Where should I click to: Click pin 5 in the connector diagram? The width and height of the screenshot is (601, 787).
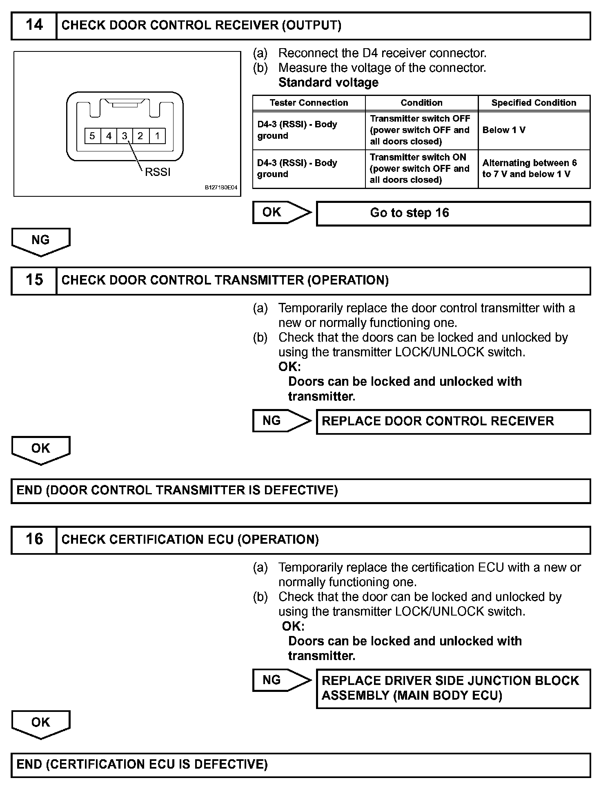pos(92,136)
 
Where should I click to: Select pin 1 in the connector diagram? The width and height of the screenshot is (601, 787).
pos(157,136)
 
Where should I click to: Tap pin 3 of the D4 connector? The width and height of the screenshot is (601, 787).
pos(125,136)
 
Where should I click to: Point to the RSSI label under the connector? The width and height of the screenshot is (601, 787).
pos(158,172)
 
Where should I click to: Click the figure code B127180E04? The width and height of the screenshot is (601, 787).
pos(221,188)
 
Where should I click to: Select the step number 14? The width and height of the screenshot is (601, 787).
pos(34,25)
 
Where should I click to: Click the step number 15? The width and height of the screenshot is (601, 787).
pos(34,280)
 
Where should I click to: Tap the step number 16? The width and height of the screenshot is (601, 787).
pos(34,540)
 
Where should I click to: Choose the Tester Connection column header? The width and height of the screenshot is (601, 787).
pos(309,103)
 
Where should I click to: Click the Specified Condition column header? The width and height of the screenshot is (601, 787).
pos(534,103)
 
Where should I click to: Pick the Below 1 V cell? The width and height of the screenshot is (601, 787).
pos(534,130)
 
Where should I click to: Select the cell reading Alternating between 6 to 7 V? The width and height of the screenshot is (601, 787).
pos(534,169)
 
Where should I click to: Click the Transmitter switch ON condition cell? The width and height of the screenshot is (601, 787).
pos(421,169)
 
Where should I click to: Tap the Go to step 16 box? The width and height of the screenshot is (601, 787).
pos(453,213)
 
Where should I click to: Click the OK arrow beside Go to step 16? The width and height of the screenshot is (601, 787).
pos(281,212)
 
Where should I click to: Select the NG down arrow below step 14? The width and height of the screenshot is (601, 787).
pos(41,241)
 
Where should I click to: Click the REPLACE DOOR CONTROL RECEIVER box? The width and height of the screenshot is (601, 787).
pos(453,421)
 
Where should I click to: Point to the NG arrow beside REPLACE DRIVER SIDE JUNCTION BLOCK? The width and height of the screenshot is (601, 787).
pos(281,680)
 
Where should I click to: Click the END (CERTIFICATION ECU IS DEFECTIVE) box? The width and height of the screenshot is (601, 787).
pos(300,765)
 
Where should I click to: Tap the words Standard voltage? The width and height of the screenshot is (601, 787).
pos(328,82)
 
